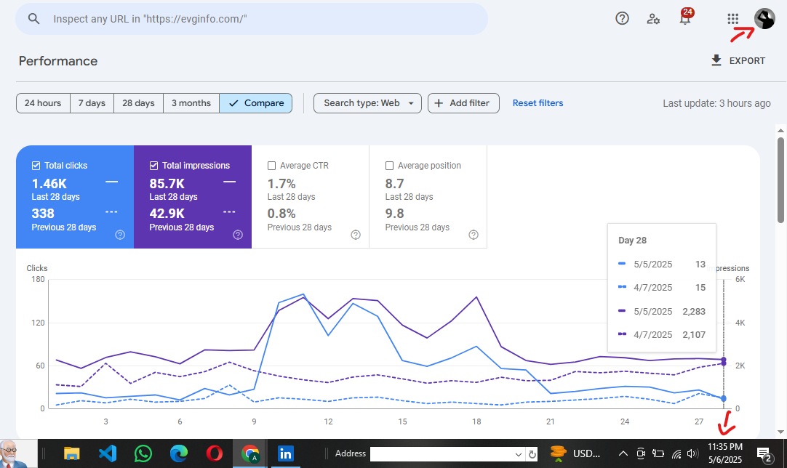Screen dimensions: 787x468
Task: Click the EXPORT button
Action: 738,61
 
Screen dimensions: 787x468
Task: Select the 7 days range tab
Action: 92,103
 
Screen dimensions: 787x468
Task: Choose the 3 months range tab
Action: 191,103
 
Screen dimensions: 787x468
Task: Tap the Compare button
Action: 256,103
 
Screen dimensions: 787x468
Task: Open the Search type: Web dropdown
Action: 367,103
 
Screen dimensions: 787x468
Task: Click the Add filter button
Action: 463,103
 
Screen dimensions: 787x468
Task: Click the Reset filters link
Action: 538,103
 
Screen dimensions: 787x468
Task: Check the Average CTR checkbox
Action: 271,166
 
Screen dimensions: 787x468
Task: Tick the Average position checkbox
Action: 389,166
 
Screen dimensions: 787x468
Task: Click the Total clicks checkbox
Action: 36,166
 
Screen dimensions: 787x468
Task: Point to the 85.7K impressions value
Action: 167,184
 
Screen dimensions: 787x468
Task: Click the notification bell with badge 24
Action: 685,17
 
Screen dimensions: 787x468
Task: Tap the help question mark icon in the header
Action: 622,19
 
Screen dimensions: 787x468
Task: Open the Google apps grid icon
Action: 732,19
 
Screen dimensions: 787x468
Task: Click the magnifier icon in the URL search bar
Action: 33,19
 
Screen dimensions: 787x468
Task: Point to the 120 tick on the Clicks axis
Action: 38,323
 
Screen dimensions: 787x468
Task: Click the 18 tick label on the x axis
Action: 476,421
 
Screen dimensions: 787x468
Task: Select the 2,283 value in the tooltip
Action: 694,312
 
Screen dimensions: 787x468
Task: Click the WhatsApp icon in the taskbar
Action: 143,453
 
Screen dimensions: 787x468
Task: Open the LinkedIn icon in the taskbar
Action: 286,454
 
